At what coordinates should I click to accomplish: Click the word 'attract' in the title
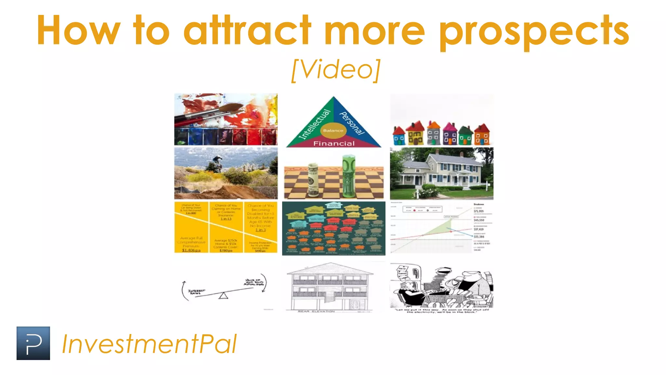pyautogui.click(x=247, y=31)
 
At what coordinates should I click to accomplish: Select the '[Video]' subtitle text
pyautogui.click(x=336, y=70)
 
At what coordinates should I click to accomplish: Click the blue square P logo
pyautogui.click(x=33, y=343)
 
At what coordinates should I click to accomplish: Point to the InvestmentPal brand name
pyautogui.click(x=149, y=344)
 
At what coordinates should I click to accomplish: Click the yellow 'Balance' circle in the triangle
pyautogui.click(x=333, y=131)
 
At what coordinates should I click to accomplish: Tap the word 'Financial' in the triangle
pyautogui.click(x=334, y=144)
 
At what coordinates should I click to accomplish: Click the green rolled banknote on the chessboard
pyautogui.click(x=348, y=176)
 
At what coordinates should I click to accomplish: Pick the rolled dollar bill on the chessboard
pyautogui.click(x=313, y=180)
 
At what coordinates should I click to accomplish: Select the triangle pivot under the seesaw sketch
pyautogui.click(x=223, y=296)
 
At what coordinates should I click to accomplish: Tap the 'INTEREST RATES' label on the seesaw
pyautogui.click(x=196, y=292)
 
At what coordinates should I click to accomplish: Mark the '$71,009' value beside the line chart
pyautogui.click(x=479, y=211)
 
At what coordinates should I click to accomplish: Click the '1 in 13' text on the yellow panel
pyautogui.click(x=226, y=219)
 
